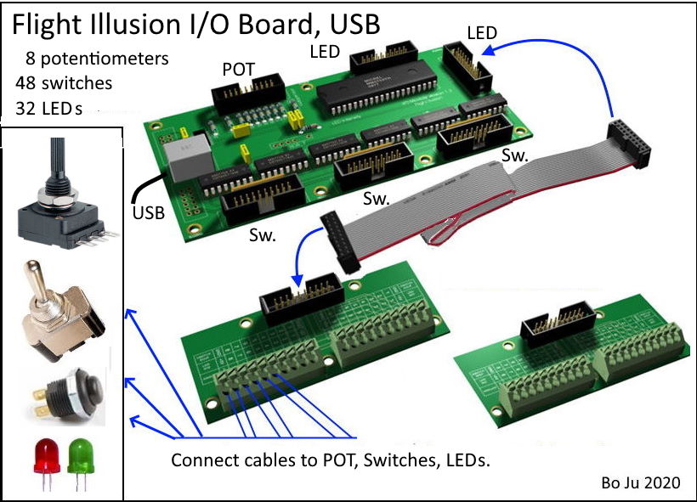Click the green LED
pos(79,454)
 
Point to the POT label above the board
pos(238,69)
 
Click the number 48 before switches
pos(26,83)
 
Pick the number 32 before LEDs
pos(26,108)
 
